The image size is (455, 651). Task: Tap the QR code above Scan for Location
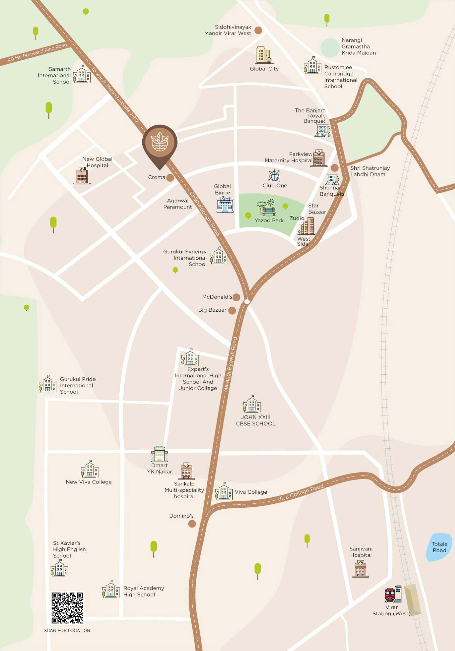click(67, 607)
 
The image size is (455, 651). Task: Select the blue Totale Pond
click(439, 547)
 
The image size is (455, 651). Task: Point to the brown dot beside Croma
click(170, 178)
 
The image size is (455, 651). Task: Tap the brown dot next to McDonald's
click(236, 297)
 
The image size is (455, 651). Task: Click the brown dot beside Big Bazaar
click(232, 310)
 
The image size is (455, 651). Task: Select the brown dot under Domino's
click(192, 523)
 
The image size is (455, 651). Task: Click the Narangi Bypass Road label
click(230, 364)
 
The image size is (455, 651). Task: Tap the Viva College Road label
click(300, 492)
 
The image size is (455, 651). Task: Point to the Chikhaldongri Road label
click(204, 213)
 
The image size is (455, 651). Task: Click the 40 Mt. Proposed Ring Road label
click(37, 52)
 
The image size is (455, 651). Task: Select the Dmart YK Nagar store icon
click(159, 454)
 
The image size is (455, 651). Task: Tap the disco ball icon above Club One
click(274, 176)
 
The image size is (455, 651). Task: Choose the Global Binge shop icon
click(225, 205)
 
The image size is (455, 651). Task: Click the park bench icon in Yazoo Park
click(267, 208)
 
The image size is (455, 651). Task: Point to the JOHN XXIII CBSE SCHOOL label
click(256, 420)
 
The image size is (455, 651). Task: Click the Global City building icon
click(264, 55)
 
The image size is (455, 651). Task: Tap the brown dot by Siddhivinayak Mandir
click(258, 30)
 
